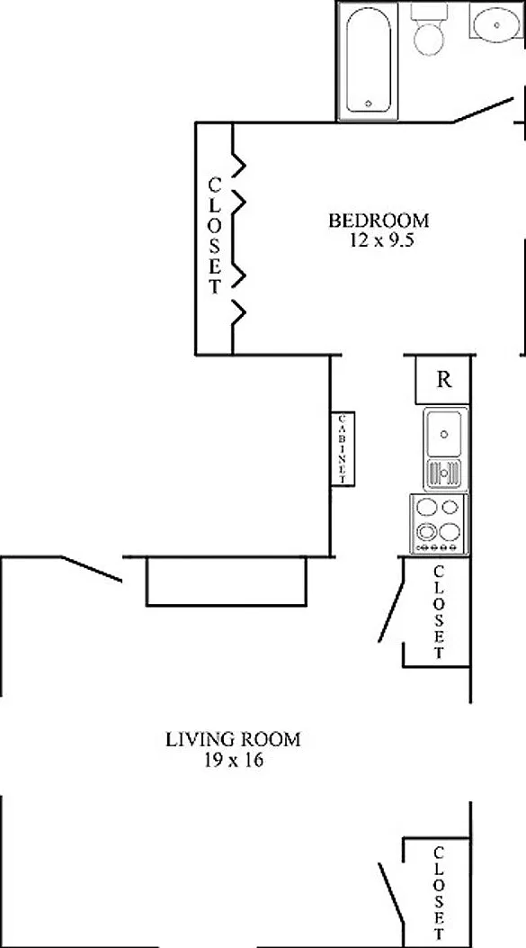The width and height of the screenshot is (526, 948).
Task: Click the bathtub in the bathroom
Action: click(x=368, y=60)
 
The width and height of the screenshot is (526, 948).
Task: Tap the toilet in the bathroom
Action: click(x=429, y=31)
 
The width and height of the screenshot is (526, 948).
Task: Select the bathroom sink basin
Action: click(x=496, y=25)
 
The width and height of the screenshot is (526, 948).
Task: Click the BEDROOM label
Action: click(x=379, y=220)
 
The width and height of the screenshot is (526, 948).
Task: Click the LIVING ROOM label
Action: click(x=233, y=739)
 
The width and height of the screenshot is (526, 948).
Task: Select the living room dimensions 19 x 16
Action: click(x=233, y=760)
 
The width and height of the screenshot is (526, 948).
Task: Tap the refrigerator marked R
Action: click(x=442, y=380)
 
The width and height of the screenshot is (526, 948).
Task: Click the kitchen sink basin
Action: click(x=445, y=434)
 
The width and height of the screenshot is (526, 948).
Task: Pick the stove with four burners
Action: click(x=439, y=524)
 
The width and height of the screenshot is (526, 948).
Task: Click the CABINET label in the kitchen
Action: click(x=343, y=448)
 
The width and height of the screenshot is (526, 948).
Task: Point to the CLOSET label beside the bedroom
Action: click(x=215, y=235)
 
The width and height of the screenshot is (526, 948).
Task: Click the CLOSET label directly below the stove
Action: click(x=439, y=611)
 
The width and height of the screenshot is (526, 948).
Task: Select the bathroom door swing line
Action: click(x=483, y=110)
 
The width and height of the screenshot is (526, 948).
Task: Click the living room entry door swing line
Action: click(x=91, y=569)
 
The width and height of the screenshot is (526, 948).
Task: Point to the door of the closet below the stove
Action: click(x=391, y=600)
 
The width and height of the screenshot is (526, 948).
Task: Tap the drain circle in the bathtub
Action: click(x=369, y=104)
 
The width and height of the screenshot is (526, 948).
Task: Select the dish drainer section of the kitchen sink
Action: click(x=445, y=473)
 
